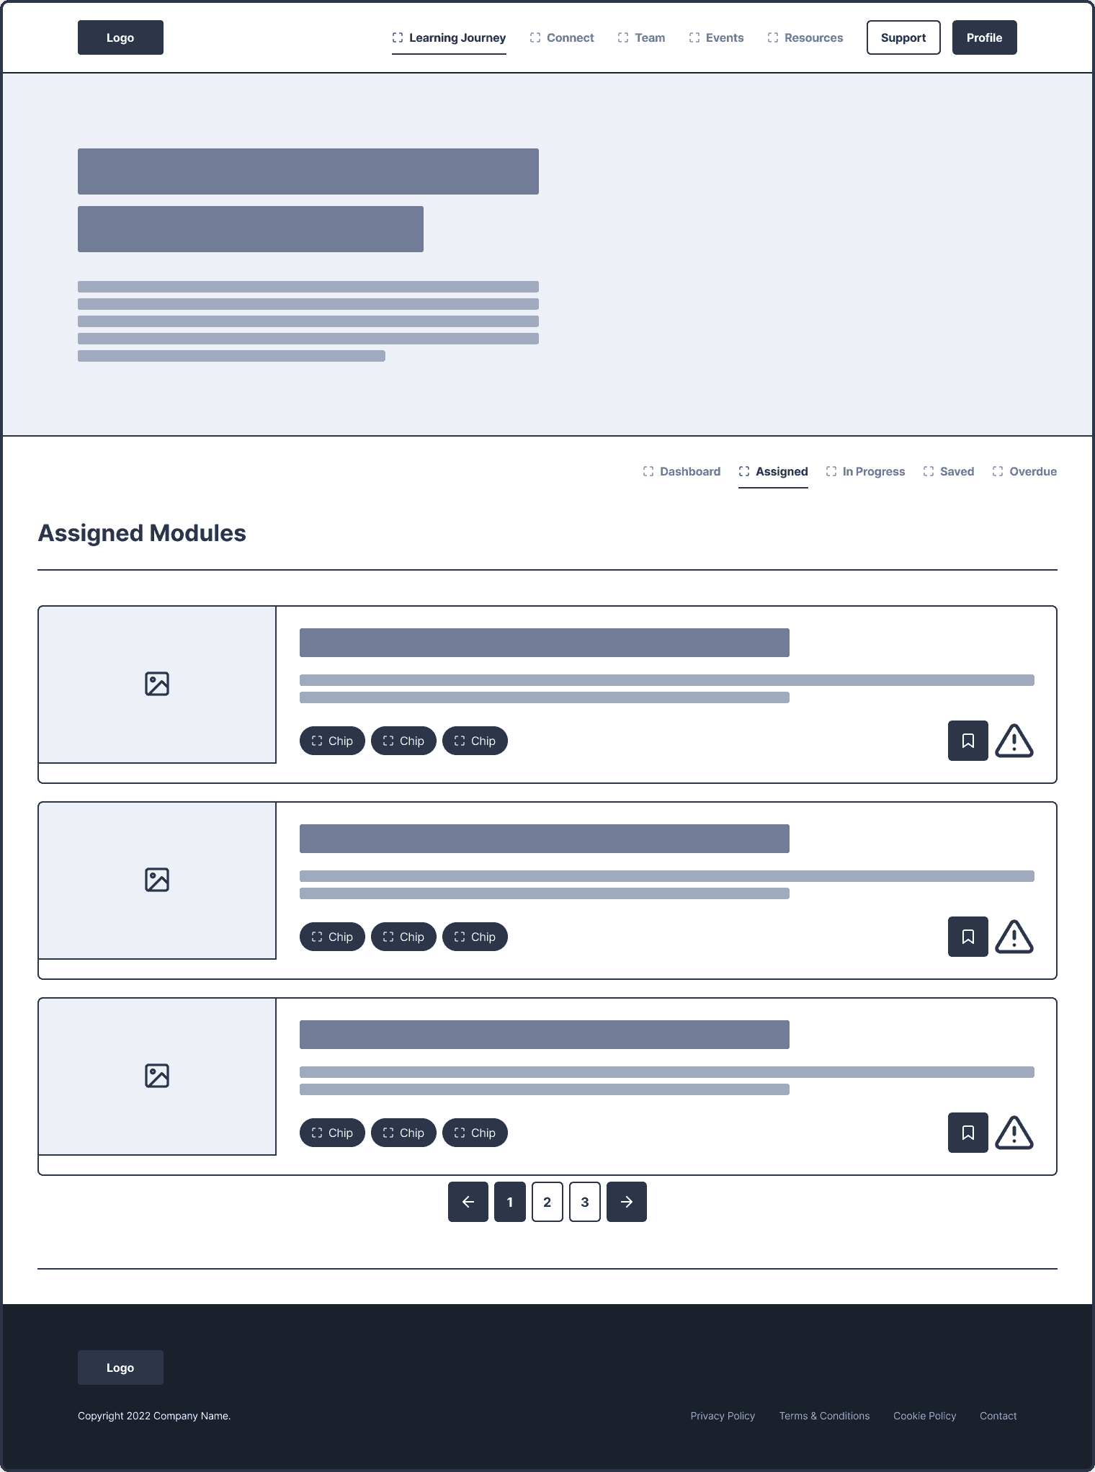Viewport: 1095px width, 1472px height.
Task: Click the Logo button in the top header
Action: [120, 37]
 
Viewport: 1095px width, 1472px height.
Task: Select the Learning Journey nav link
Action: [449, 37]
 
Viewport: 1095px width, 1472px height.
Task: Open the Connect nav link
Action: [562, 37]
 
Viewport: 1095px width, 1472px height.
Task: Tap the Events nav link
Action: [716, 37]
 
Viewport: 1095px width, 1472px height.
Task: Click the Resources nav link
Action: [805, 37]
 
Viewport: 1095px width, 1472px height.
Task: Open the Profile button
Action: [984, 37]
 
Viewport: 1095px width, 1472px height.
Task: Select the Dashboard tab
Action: [681, 471]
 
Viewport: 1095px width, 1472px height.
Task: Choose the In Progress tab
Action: [865, 471]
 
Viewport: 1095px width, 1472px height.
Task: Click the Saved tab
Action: [948, 471]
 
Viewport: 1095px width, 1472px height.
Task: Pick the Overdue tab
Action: [1024, 471]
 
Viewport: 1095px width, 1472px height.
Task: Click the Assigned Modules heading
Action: [142, 533]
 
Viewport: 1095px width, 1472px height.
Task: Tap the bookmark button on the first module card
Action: [968, 741]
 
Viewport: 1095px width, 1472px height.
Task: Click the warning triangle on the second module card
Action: [1014, 937]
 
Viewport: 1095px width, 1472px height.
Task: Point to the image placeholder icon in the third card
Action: [157, 1076]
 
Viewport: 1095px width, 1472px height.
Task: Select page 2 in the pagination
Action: [547, 1202]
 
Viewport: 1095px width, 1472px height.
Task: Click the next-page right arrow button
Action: [627, 1202]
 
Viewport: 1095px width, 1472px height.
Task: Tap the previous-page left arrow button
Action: [468, 1202]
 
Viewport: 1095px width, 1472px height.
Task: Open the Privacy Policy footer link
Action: [723, 1416]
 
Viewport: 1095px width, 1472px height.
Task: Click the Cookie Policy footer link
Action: [925, 1416]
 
